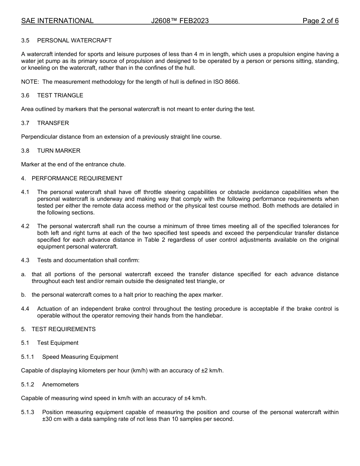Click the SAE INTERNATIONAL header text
pyautogui.click(x=57, y=21)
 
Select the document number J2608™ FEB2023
pyautogui.click(x=180, y=21)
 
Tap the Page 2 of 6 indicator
pyautogui.click(x=320, y=21)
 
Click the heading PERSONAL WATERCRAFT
pyautogui.click(x=74, y=41)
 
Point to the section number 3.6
pyautogui.click(x=25, y=95)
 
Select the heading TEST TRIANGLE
pyautogui.click(x=60, y=95)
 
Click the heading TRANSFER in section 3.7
pyautogui.click(x=53, y=123)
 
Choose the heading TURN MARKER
pyautogui.click(x=59, y=151)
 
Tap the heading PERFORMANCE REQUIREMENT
pyautogui.click(x=77, y=178)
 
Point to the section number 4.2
pyautogui.click(x=25, y=226)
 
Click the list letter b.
pyautogui.click(x=23, y=295)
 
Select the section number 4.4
pyautogui.click(x=25, y=309)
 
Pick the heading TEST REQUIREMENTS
pyautogui.click(x=63, y=329)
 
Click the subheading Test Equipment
pyautogui.click(x=58, y=343)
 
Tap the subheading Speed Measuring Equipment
pyautogui.click(x=80, y=357)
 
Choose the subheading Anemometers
pyautogui.click(x=60, y=385)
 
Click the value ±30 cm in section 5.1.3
pyautogui.click(x=51, y=419)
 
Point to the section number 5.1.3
pyautogui.click(x=28, y=412)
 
